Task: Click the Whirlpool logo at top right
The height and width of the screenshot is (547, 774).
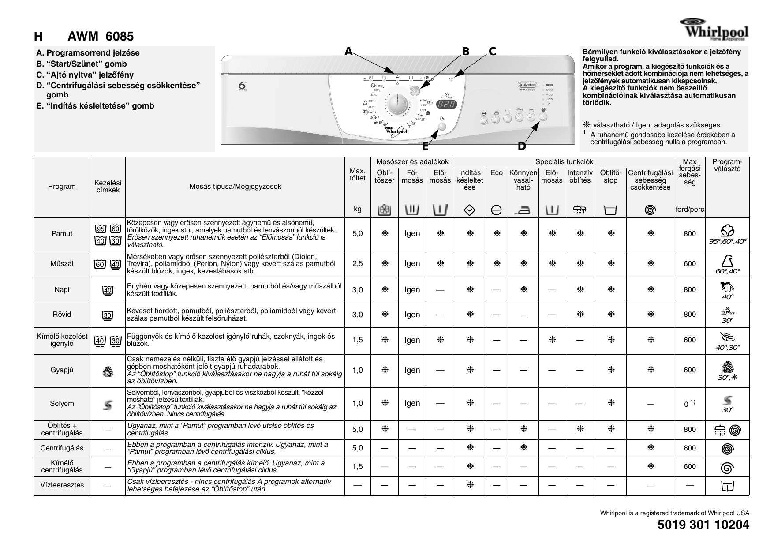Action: coord(714,30)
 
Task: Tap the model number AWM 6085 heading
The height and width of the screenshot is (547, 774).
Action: coord(101,37)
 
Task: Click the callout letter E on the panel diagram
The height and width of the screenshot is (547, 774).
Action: coord(425,146)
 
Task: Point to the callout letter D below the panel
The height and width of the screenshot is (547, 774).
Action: coord(522,146)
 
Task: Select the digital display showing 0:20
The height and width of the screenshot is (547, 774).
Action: coord(446,105)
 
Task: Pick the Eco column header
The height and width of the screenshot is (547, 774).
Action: coord(497,173)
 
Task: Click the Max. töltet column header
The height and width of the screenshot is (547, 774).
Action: coord(358,175)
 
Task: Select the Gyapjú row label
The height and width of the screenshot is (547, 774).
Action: coord(62,370)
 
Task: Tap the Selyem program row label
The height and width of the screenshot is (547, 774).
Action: coord(62,403)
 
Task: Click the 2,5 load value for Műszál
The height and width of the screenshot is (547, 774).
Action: coord(358,264)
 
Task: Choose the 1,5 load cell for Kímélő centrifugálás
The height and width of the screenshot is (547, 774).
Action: coord(358,467)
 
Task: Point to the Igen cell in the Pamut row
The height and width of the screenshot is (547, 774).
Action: coord(412,234)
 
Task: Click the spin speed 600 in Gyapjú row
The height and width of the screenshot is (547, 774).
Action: coord(690,371)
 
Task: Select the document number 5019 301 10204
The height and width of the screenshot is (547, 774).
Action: coord(703,525)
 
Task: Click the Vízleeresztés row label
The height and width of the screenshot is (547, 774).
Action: coord(62,485)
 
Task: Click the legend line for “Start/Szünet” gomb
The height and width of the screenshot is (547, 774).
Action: coord(81,64)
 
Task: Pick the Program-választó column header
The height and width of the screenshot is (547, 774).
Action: coord(727,165)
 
